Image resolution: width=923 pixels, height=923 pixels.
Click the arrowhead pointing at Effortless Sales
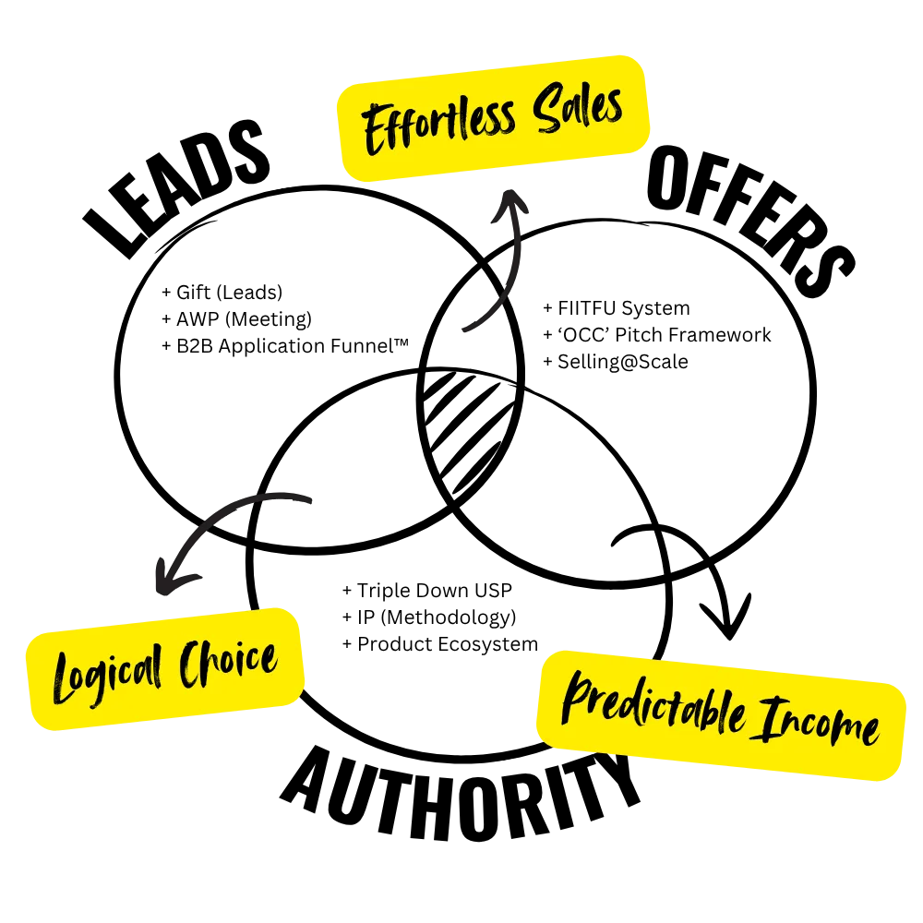[511, 205]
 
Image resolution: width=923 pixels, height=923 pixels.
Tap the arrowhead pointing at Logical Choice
[172, 577]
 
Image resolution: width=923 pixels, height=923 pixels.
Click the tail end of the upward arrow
[465, 331]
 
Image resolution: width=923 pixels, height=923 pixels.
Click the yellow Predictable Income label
[720, 715]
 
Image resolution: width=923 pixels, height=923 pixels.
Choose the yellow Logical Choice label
[166, 666]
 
